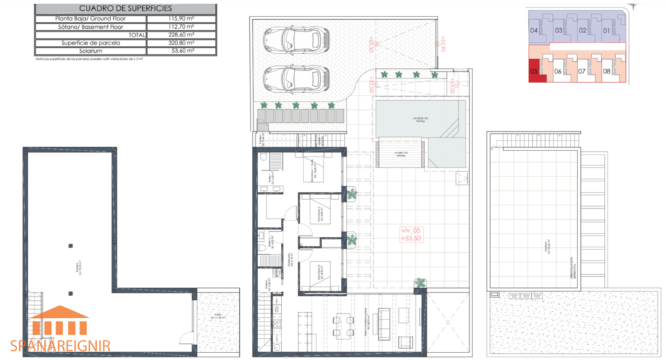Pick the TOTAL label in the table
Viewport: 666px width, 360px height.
(x=137, y=34)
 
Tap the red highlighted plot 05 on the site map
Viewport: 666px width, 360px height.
(x=536, y=71)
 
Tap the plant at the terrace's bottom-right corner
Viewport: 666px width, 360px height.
(x=419, y=282)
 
